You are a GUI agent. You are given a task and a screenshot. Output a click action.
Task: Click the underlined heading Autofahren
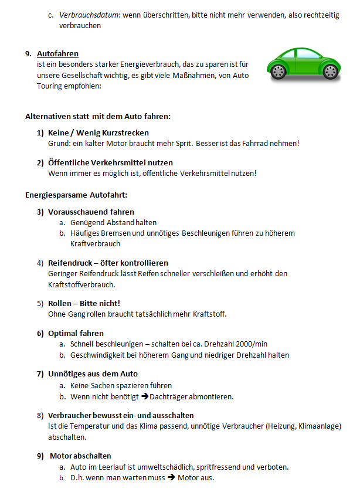click(57, 54)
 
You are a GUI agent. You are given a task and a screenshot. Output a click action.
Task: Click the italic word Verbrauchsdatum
click(88, 15)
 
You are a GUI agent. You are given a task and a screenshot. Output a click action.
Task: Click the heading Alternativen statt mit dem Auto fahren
click(98, 116)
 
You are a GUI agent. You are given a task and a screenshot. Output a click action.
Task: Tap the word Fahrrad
click(259, 143)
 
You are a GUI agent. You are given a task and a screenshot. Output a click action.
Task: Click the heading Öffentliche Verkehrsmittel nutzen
click(110, 162)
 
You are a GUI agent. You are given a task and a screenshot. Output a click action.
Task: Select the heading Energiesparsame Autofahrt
click(76, 194)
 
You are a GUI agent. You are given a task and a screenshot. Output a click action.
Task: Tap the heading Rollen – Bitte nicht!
click(84, 303)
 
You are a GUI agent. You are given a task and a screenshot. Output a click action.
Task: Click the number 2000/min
click(249, 344)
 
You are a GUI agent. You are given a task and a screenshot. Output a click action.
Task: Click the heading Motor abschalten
click(80, 456)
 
